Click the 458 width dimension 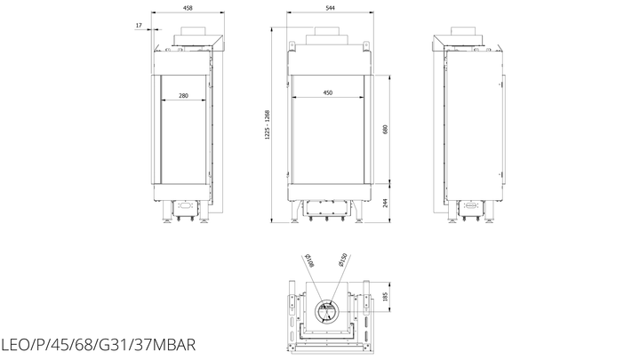tap(188, 8)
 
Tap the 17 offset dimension tap(139, 25)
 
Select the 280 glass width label tap(184, 95)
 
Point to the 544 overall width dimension tap(330, 8)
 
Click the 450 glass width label tap(328, 92)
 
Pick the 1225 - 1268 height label tap(268, 124)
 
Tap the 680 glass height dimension tap(385, 130)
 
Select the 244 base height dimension tap(385, 203)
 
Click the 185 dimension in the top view tap(385, 297)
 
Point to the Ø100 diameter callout tap(310, 260)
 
